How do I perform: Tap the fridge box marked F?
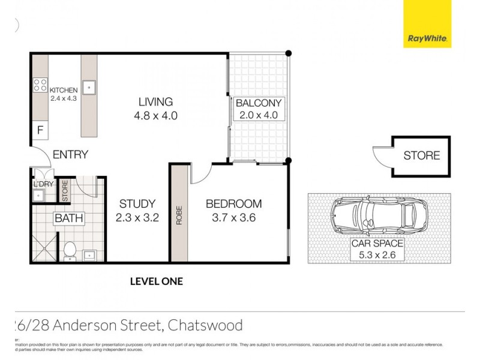tap(40, 130)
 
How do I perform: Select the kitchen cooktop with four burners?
tap(40, 85)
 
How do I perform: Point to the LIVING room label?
tap(155, 101)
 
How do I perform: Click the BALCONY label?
tap(258, 103)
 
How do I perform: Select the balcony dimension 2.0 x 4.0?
tap(258, 115)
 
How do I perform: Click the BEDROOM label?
tap(233, 204)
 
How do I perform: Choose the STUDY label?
tap(137, 204)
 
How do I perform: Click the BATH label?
tap(69, 218)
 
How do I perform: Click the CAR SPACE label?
tap(378, 244)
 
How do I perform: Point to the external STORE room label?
tap(421, 156)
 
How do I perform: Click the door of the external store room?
tap(382, 157)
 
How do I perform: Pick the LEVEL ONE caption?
tap(156, 281)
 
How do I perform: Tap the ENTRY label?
tap(70, 155)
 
